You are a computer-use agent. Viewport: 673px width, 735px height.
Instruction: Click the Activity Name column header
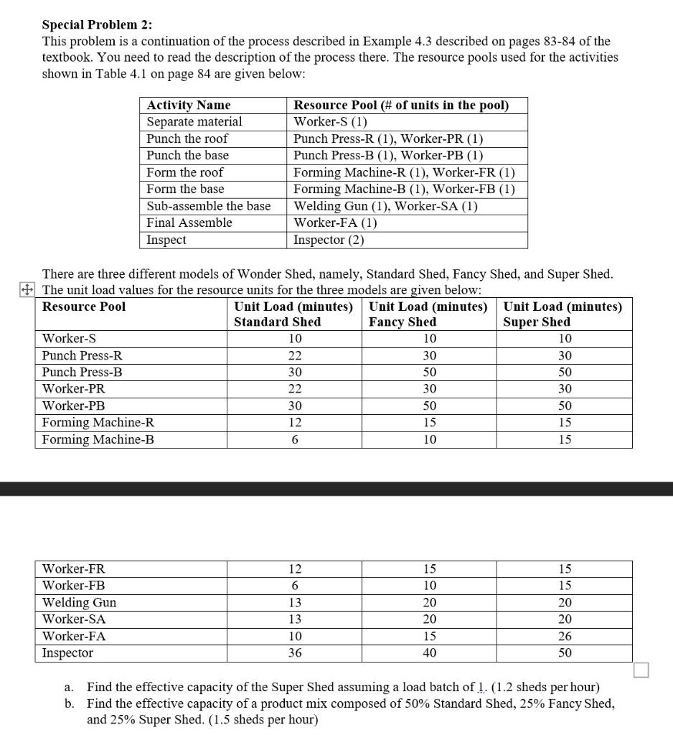coord(189,106)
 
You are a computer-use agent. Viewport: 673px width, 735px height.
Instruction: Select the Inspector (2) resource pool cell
coord(329,240)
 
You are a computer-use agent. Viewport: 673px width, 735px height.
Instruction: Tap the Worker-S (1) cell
coord(331,122)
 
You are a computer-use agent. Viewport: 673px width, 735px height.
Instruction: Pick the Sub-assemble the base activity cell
coord(209,206)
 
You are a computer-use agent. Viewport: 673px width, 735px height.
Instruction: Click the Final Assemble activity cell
coord(189,223)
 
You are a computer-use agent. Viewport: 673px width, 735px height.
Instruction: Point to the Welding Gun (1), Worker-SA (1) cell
coord(386,206)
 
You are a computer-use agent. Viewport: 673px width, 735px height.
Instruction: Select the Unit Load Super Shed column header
coord(563,314)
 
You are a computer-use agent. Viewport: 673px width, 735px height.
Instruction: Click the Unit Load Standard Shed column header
coord(293,314)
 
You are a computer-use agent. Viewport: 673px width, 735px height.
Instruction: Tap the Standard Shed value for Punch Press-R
coord(294,355)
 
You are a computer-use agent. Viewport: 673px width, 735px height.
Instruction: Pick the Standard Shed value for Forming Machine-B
coord(294,439)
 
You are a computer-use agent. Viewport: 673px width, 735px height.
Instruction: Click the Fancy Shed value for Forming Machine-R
coord(428,423)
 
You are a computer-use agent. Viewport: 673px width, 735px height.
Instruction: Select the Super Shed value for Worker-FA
coord(565,636)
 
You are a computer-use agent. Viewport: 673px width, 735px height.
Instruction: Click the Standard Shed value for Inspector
coord(294,653)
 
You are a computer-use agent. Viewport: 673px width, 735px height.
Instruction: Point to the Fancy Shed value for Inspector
coord(428,653)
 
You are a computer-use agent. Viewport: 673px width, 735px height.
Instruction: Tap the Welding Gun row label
coord(80,602)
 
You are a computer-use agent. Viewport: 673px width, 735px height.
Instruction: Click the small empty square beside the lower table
coord(641,670)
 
